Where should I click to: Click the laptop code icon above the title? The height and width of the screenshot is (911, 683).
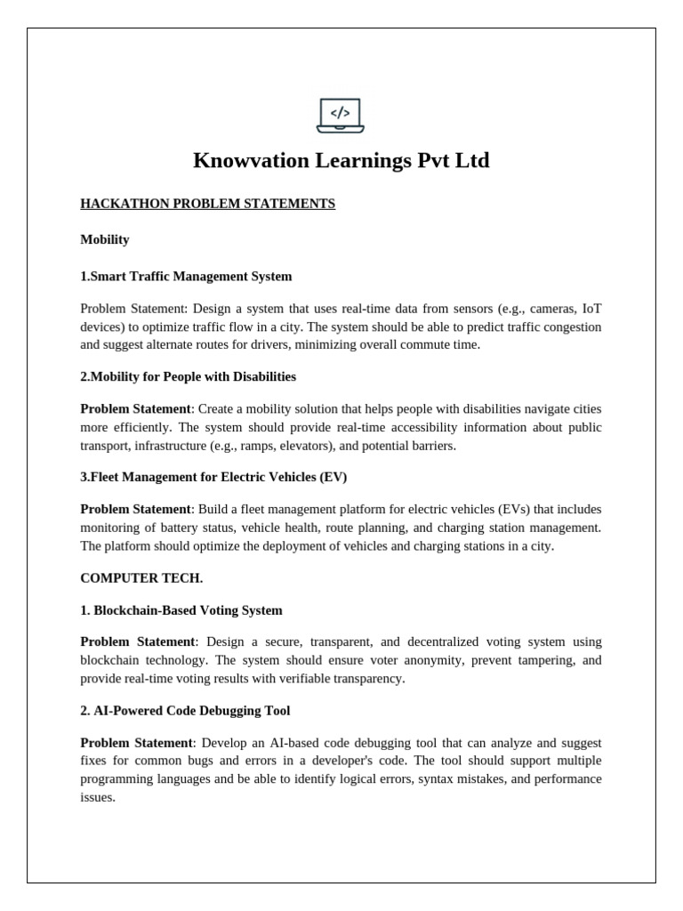pyautogui.click(x=341, y=115)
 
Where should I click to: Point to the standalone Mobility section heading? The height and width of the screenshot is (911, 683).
pyautogui.click(x=105, y=239)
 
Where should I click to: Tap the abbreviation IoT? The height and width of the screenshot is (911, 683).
pyautogui.click(x=591, y=309)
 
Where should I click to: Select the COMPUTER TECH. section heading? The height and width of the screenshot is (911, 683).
pyautogui.click(x=141, y=578)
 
